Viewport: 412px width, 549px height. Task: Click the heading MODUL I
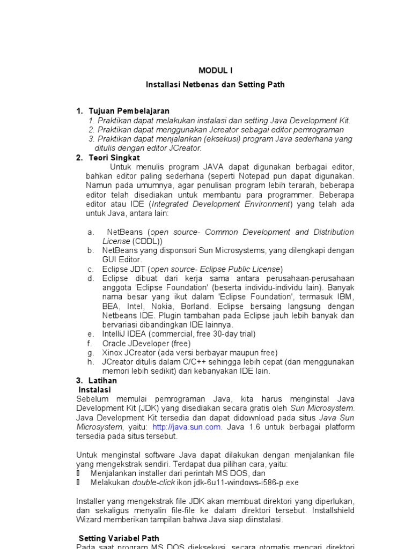tap(216, 70)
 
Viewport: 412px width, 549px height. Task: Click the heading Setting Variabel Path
tap(119, 538)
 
